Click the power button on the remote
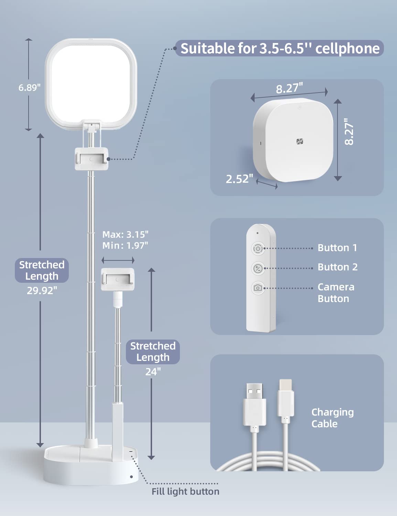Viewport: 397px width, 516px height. [258, 249]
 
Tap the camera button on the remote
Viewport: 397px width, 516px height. [258, 288]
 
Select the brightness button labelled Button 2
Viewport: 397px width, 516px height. [258, 269]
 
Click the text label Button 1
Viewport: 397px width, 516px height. [337, 248]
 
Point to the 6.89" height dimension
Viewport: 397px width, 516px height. [30, 88]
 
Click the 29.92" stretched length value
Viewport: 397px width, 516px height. [42, 291]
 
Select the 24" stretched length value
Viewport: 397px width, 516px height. [153, 372]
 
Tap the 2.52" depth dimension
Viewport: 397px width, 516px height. [239, 179]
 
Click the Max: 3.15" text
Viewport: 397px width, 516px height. [125, 235]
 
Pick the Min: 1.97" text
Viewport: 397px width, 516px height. [125, 246]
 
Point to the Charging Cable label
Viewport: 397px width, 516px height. [332, 418]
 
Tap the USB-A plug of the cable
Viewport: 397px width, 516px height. [255, 405]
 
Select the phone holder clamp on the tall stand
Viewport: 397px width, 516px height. [92, 159]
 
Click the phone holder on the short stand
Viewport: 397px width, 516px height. [118, 279]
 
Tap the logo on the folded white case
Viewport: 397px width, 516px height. [300, 142]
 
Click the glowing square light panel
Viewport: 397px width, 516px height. [91, 84]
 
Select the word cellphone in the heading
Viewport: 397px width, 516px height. [347, 49]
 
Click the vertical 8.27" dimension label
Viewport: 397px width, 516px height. [349, 131]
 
